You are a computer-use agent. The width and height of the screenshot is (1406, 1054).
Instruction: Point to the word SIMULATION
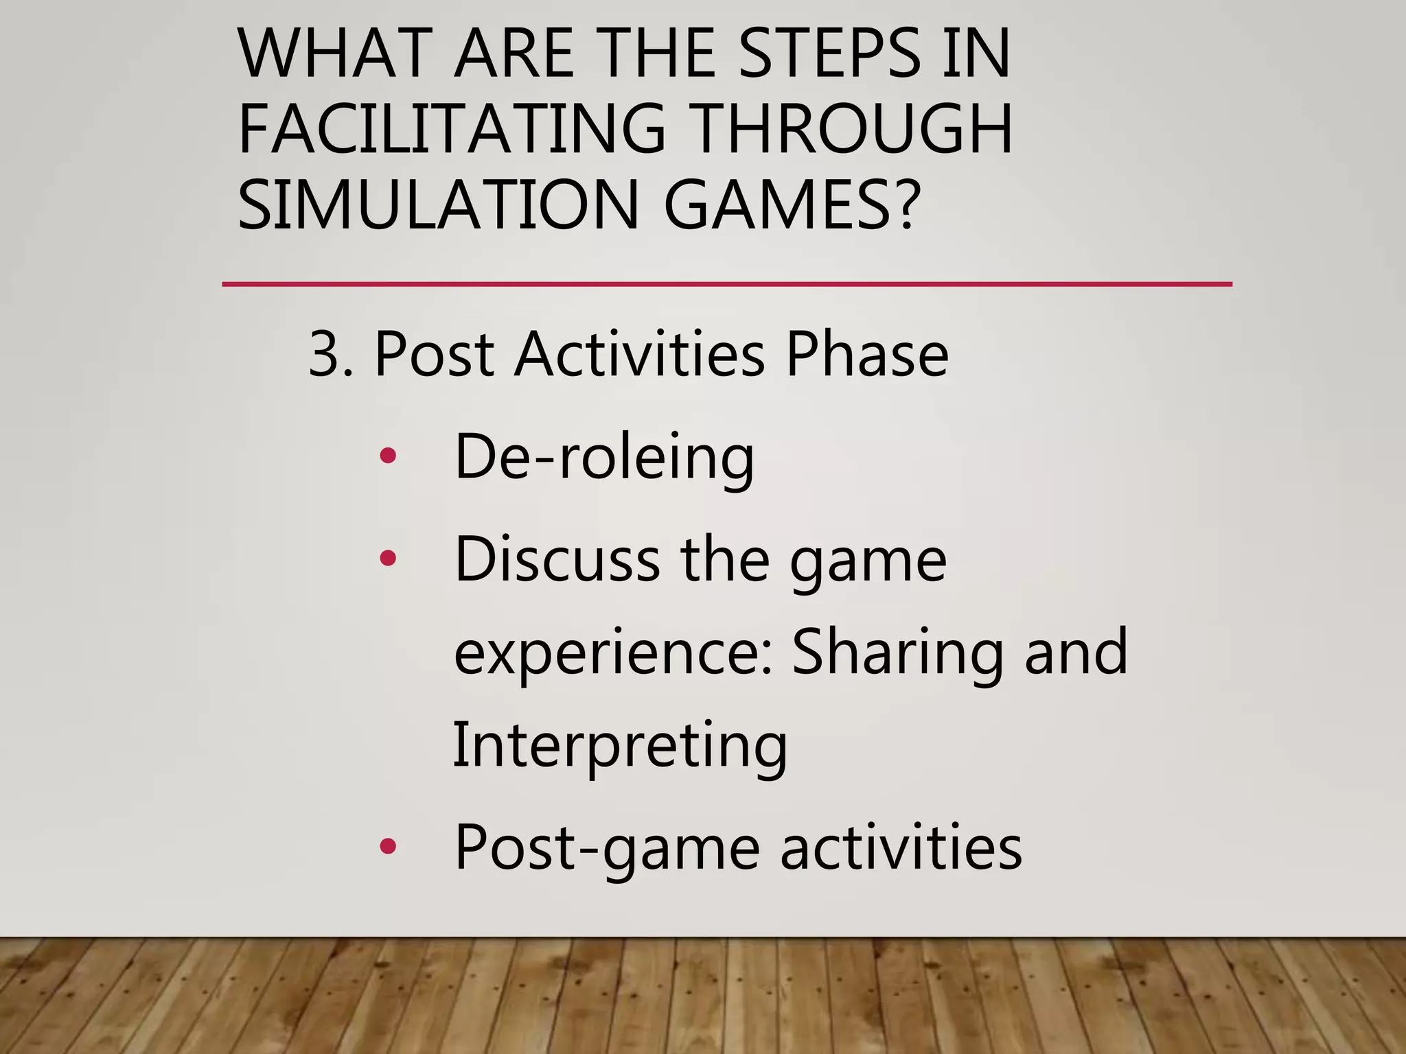tap(439, 204)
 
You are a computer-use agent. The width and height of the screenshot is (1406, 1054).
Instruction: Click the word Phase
tap(866, 355)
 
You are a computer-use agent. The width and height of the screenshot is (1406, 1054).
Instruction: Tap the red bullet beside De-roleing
tap(388, 456)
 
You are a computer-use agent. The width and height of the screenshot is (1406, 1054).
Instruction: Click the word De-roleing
tap(604, 457)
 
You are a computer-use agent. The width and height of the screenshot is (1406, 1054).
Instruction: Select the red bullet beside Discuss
tap(388, 558)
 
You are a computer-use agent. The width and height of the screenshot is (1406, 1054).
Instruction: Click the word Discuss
tap(557, 560)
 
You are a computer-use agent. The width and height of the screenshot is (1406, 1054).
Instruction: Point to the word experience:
tap(614, 653)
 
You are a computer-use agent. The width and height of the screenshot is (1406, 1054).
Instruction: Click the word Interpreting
tap(620, 747)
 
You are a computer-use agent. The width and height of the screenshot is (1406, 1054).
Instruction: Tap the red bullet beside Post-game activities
tap(388, 847)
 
